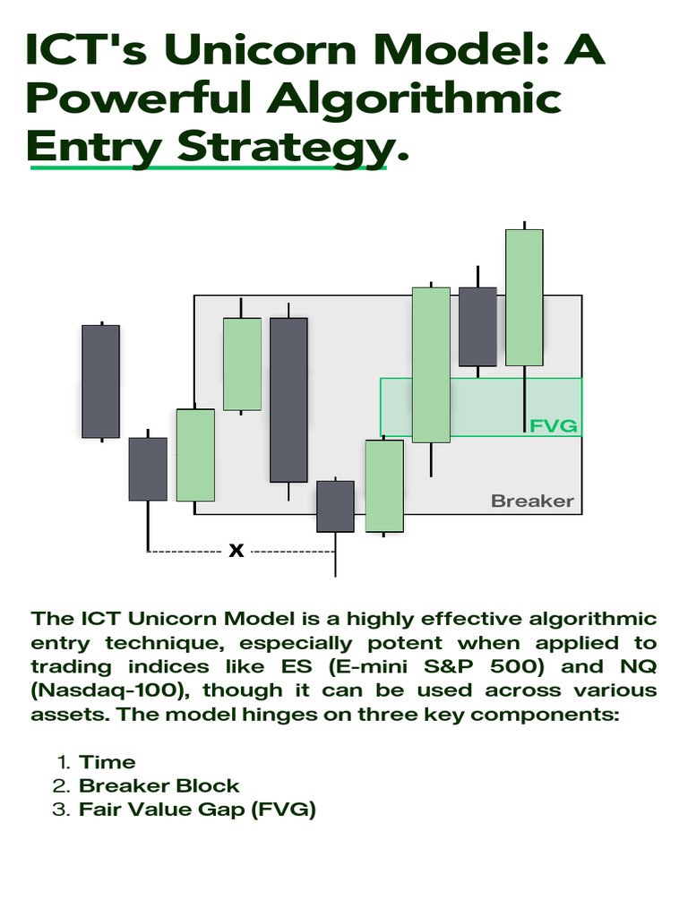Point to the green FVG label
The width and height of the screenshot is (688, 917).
coord(553,425)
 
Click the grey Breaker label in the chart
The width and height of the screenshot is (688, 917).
coord(532,501)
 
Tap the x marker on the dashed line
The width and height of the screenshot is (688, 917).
coord(236,551)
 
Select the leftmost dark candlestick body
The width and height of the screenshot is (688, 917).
coord(100,381)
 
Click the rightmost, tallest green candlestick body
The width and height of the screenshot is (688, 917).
coord(524,297)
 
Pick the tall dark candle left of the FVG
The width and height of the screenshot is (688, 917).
coord(288,399)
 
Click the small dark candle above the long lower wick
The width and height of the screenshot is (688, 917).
coord(335,506)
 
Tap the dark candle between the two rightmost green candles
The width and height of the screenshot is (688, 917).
coord(477,326)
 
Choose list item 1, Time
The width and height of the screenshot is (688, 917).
coord(107,762)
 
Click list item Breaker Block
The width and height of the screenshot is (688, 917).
coord(159,786)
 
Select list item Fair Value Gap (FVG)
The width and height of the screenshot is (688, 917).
coord(197,810)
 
